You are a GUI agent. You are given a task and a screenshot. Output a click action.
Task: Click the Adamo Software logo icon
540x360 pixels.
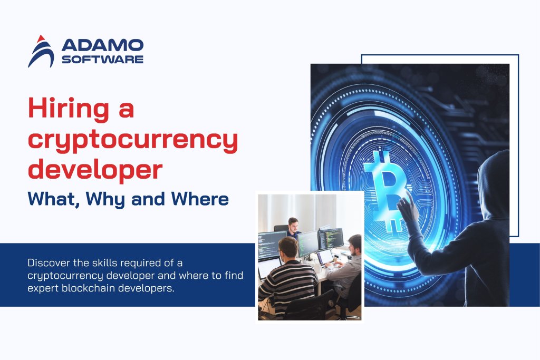tap(41, 51)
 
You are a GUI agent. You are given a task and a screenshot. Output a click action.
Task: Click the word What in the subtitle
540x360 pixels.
tap(52, 199)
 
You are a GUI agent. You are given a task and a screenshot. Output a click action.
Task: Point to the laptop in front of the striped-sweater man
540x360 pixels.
tap(268, 267)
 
